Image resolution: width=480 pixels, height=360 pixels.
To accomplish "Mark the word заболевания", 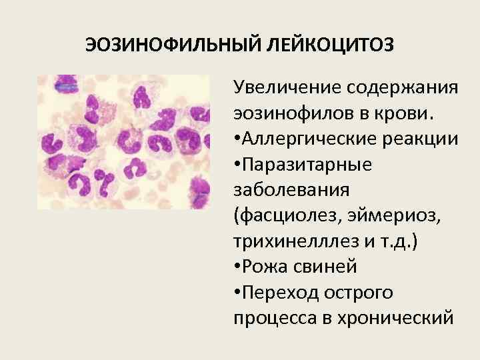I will pos(291,190).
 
